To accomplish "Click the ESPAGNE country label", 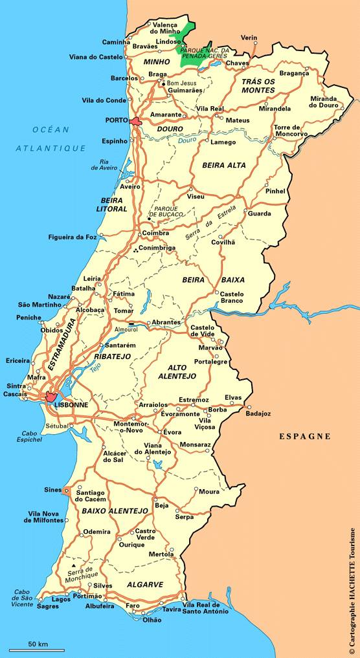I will [x=305, y=436].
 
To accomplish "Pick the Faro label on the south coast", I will [x=133, y=606].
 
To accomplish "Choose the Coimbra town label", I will [x=156, y=234].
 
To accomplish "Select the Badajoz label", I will [x=259, y=413].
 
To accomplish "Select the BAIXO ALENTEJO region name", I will [x=115, y=511].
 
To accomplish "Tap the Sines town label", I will [x=52, y=490].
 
